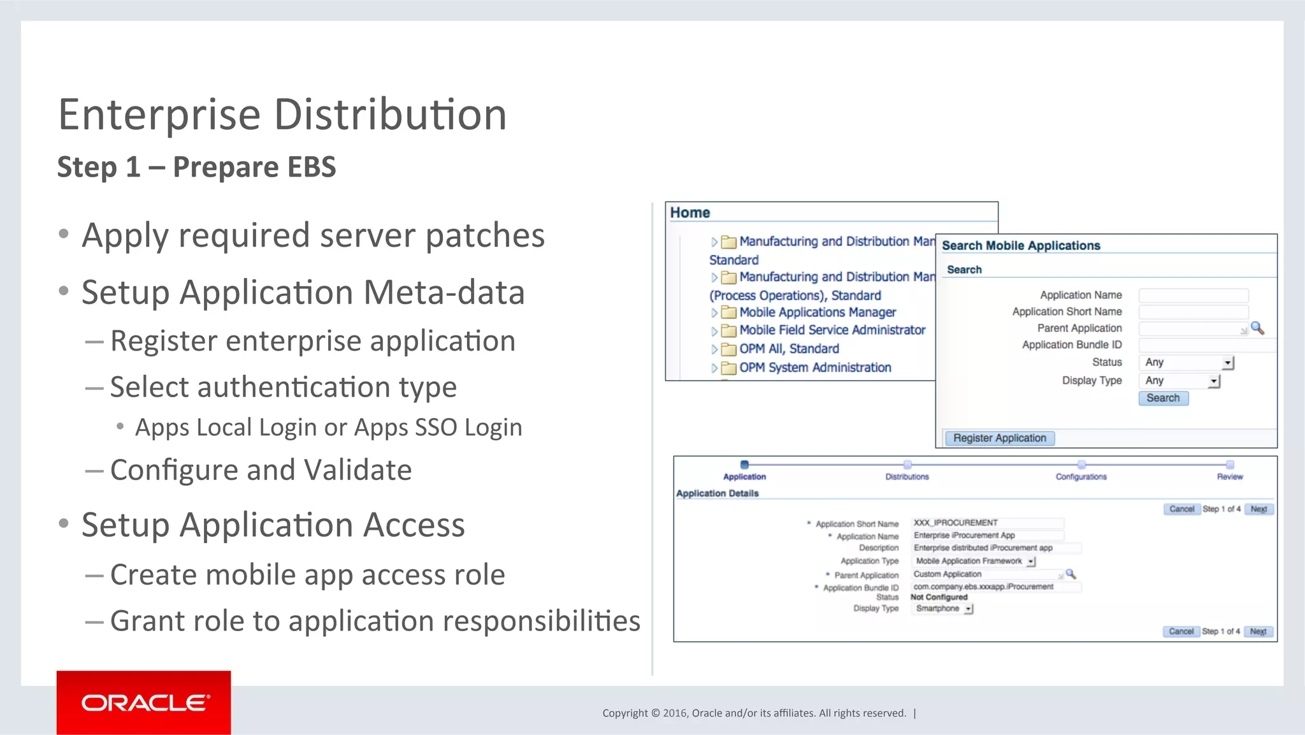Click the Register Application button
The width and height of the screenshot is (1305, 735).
click(999, 438)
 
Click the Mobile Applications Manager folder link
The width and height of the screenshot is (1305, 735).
click(817, 312)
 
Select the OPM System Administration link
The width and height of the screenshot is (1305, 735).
click(814, 368)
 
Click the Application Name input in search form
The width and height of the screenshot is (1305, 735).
click(1193, 295)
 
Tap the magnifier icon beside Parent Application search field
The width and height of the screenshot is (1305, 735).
click(1257, 328)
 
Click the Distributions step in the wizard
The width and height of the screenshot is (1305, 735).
click(907, 476)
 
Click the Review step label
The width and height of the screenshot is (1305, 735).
click(1229, 476)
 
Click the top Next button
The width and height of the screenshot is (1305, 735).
click(1258, 509)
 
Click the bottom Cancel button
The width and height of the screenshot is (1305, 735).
click(1181, 631)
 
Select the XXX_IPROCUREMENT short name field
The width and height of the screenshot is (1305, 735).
click(986, 523)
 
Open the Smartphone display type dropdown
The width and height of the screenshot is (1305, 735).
click(943, 609)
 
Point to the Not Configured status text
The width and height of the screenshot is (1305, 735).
click(939, 597)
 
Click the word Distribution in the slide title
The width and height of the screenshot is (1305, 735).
click(390, 115)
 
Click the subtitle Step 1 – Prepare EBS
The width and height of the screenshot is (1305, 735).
click(196, 167)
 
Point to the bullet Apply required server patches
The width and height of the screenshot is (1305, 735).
click(313, 235)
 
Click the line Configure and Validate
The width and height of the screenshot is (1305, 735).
click(261, 470)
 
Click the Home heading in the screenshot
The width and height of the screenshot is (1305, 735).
click(689, 213)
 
